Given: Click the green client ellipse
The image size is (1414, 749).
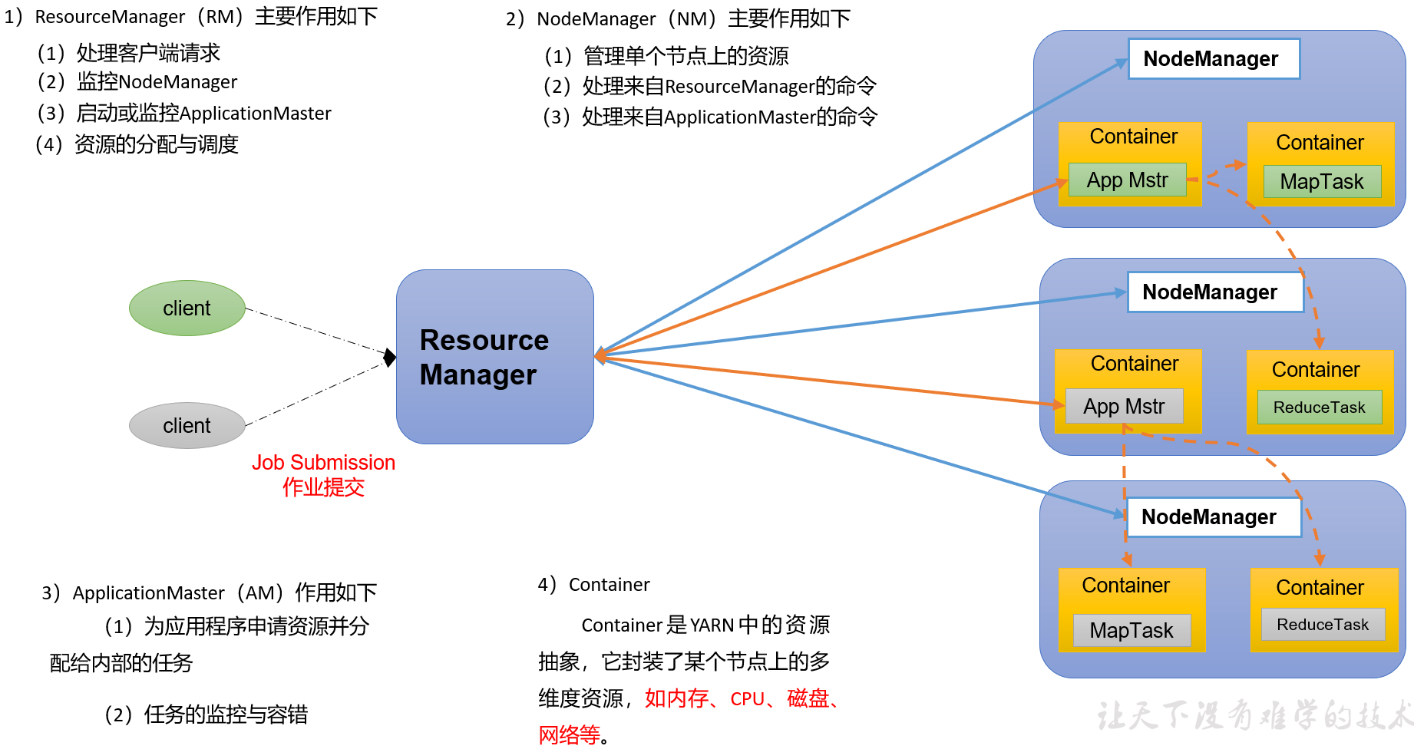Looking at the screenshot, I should tap(187, 308).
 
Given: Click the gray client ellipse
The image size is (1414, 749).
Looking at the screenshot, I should tap(187, 425).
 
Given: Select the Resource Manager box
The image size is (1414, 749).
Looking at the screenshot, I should tap(494, 357).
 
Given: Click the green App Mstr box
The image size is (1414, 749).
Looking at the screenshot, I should tap(1127, 180).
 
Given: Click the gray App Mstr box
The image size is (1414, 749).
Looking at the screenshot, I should tap(1124, 406).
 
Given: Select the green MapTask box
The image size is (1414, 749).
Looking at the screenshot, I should tap(1321, 182).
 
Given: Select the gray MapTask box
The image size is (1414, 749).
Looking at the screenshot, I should tap(1131, 631).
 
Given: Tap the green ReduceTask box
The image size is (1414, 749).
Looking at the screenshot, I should tap(1319, 407).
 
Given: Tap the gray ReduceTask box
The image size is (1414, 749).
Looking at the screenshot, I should tap(1322, 625).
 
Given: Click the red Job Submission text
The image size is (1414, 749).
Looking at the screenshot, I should tap(323, 463).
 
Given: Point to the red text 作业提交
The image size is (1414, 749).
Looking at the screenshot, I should tap(323, 487).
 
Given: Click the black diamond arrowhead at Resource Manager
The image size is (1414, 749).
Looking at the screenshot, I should tap(390, 357).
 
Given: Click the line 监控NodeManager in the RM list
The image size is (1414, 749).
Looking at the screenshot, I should tap(157, 82).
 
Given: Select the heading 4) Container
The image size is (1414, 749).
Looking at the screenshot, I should tap(594, 585).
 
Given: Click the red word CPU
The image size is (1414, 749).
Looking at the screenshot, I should tap(747, 699).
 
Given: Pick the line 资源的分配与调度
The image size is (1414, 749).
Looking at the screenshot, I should tap(156, 144).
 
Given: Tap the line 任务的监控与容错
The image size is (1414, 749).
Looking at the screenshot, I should tap(225, 714).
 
